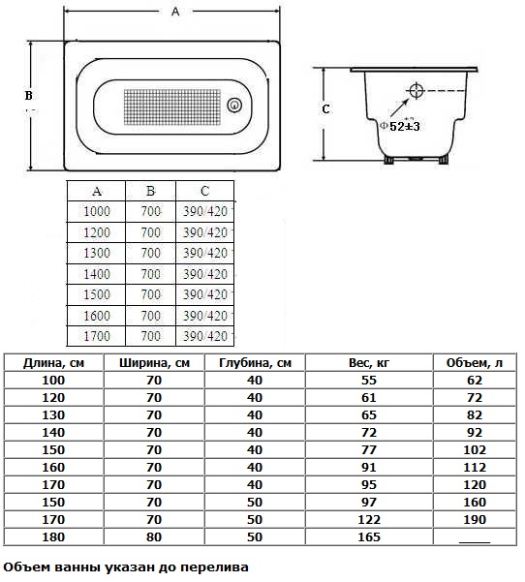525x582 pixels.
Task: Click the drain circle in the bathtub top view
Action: pos(234,105)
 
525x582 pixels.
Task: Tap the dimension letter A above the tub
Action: pos(175,12)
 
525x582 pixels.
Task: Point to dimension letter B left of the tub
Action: pos(29,96)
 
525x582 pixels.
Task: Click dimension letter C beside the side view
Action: pos(325,109)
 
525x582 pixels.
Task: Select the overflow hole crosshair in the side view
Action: pos(416,90)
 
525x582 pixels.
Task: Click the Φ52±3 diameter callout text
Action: pos(400,126)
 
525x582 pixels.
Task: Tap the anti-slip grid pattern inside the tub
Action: pos(171,107)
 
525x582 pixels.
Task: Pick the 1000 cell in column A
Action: pos(97,211)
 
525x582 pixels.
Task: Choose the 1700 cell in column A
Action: pos(97,336)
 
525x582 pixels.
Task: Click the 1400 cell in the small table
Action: pos(97,274)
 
